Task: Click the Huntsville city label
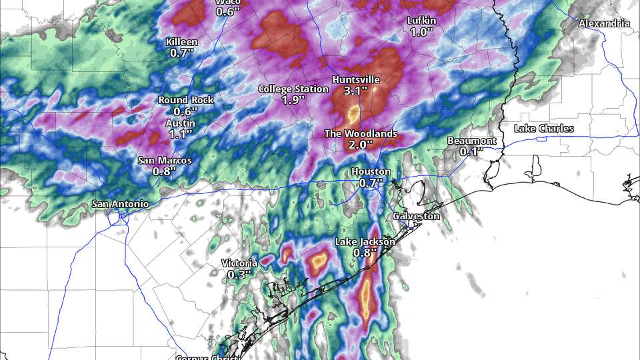(357, 79)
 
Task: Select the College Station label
(293, 89)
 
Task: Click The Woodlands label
(361, 133)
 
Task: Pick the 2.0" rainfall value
(359, 145)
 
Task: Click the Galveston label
(416, 216)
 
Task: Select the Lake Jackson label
(365, 241)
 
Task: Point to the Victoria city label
(239, 263)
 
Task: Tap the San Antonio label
(120, 203)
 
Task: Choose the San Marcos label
(165, 160)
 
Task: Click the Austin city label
(181, 123)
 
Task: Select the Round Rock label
(186, 100)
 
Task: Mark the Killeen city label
(181, 42)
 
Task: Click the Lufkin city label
(421, 21)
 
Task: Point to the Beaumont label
(471, 141)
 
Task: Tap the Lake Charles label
(544, 128)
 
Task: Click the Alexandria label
(604, 23)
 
